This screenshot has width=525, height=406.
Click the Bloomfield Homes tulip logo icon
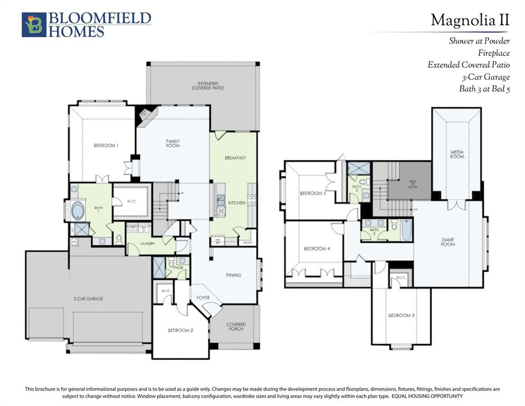point(34,25)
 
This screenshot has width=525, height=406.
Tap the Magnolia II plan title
point(470,20)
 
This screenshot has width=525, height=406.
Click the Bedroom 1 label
point(106,145)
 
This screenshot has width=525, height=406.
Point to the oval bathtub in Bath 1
point(79,210)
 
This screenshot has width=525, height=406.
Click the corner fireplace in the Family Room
point(144,114)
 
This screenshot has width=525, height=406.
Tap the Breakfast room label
point(235,158)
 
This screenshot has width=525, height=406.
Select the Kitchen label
point(236,203)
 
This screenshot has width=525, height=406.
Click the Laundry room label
point(147,244)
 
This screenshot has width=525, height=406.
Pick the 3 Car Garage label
point(88,299)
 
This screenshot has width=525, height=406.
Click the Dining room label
point(233,275)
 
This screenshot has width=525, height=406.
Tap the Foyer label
point(203,298)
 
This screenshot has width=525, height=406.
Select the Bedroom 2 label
point(180,330)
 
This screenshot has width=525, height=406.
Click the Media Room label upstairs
point(457,154)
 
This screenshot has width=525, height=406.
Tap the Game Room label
point(447,242)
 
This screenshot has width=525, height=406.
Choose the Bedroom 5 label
point(313,193)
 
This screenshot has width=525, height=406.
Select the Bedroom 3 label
point(401,316)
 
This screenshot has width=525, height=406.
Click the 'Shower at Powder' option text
point(479,41)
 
